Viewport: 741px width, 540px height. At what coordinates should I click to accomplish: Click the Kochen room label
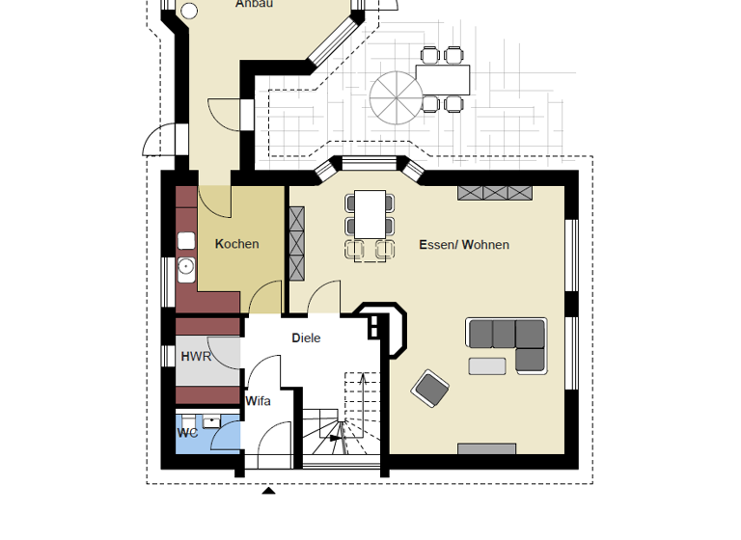tap(236, 244)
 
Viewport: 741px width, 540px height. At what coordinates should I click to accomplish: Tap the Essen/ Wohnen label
tap(463, 245)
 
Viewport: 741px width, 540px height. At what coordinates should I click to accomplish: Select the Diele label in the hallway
tap(306, 338)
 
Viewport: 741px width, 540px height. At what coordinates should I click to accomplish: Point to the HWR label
tap(196, 357)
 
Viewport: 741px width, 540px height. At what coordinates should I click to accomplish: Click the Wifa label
tap(258, 401)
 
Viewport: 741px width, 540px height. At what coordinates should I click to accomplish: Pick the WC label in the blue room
tap(186, 434)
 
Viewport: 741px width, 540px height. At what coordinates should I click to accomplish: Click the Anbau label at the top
tap(255, 4)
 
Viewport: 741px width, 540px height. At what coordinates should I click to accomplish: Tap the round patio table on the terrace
tap(395, 96)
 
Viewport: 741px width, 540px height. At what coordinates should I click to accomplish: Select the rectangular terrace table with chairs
tap(443, 78)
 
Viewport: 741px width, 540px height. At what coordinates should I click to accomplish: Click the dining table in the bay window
tap(370, 215)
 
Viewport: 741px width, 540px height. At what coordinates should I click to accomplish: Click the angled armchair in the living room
tap(430, 389)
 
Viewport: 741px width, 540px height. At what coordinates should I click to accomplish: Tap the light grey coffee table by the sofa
tap(487, 365)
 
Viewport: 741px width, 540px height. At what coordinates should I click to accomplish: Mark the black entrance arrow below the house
tap(269, 491)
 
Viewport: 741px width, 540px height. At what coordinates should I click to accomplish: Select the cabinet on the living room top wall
tap(494, 192)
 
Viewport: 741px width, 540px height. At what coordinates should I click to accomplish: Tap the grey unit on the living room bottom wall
tap(486, 448)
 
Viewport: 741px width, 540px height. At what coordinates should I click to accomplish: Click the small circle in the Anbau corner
tap(189, 12)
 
